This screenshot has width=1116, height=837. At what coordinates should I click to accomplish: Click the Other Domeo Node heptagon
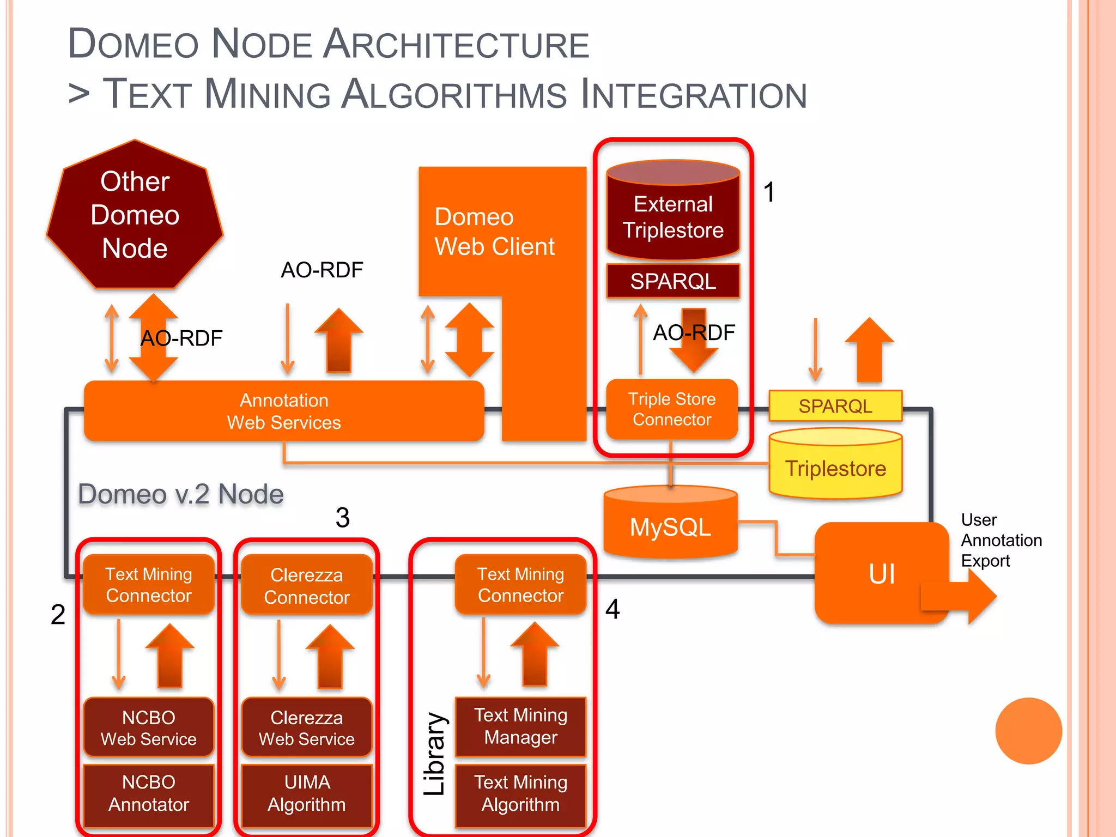click(x=135, y=215)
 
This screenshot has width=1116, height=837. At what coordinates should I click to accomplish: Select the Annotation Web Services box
click(x=283, y=411)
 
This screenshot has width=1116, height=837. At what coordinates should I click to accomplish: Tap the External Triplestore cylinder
click(x=673, y=213)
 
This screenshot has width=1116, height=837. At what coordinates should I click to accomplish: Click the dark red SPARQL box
click(x=673, y=281)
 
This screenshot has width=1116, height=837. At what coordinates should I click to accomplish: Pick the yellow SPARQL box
click(x=835, y=406)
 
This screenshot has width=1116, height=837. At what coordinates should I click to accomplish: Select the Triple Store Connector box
click(x=671, y=409)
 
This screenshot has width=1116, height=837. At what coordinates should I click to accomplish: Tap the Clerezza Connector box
click(x=307, y=585)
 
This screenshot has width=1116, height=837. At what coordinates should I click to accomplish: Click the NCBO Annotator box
click(x=148, y=793)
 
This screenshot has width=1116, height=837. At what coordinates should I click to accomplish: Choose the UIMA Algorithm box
click(x=307, y=793)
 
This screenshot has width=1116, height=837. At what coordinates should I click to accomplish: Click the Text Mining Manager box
click(x=520, y=726)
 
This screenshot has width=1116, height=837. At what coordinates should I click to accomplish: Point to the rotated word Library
click(x=435, y=754)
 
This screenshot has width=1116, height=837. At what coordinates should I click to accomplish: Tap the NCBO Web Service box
click(x=148, y=727)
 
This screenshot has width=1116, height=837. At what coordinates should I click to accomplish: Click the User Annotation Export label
click(x=1000, y=540)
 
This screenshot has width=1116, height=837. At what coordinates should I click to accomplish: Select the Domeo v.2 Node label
click(x=180, y=494)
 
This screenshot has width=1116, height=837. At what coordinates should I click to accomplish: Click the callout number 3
click(x=342, y=517)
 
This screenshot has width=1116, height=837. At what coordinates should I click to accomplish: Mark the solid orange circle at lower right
click(x=1028, y=731)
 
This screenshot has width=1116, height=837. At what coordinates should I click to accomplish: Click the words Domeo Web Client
click(x=494, y=232)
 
